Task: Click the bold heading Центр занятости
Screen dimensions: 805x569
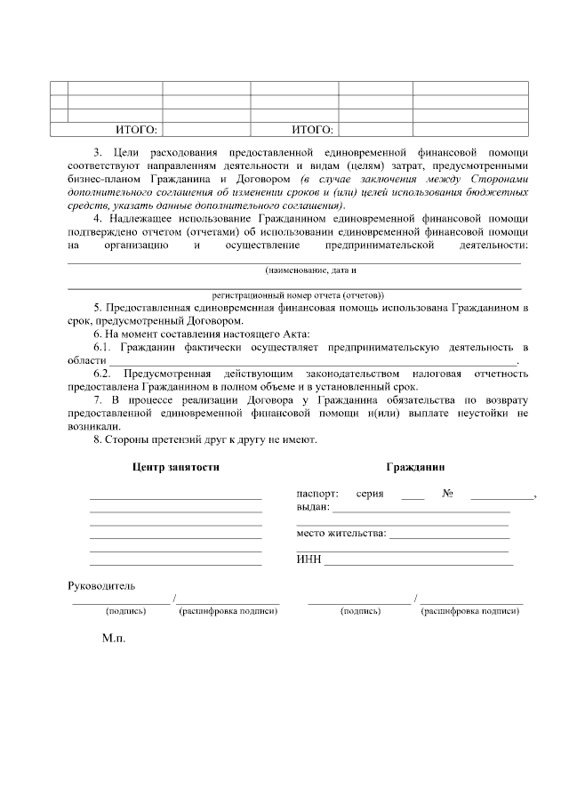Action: point(175,467)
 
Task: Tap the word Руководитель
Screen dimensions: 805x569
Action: point(101,586)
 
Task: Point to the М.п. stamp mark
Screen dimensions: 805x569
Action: point(114,638)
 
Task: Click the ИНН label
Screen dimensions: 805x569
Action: point(308,559)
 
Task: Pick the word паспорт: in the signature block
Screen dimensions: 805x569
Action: point(317,494)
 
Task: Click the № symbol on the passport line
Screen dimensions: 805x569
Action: point(447,494)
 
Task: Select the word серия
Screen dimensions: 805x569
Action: point(370,494)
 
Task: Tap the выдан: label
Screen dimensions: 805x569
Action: point(312,507)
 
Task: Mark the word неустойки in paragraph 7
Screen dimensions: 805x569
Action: point(480,414)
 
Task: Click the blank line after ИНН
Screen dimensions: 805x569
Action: point(419,562)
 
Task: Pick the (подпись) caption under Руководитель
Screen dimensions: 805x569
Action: point(125,612)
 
